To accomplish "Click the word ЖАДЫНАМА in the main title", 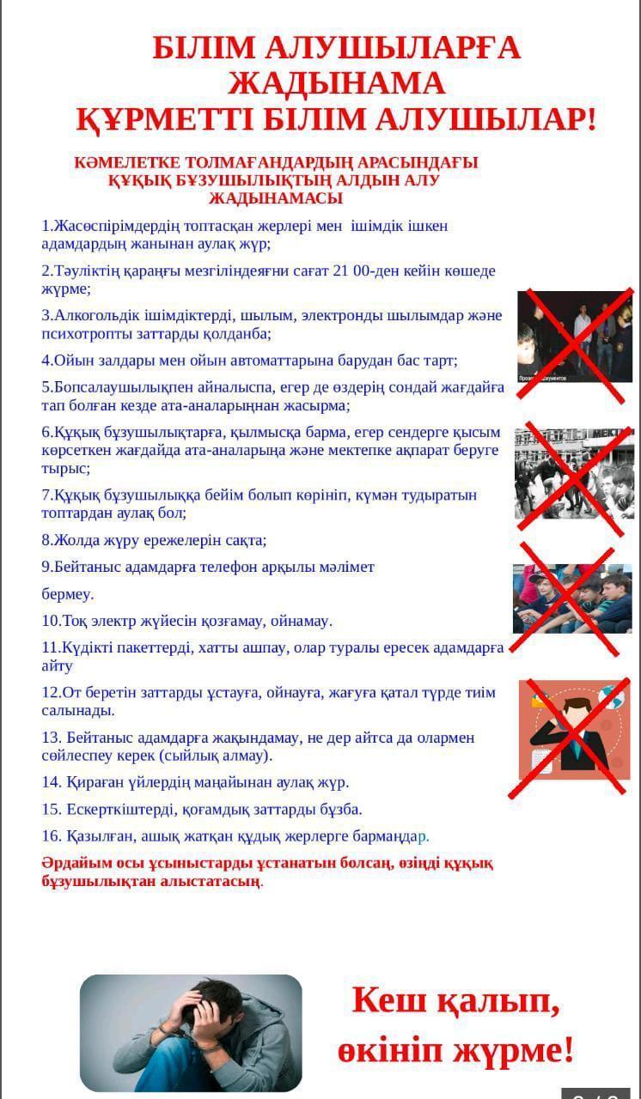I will click(337, 83).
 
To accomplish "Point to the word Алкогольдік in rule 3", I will click(94, 315).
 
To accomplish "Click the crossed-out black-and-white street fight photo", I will click(572, 473).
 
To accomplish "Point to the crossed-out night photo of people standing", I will click(574, 337).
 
